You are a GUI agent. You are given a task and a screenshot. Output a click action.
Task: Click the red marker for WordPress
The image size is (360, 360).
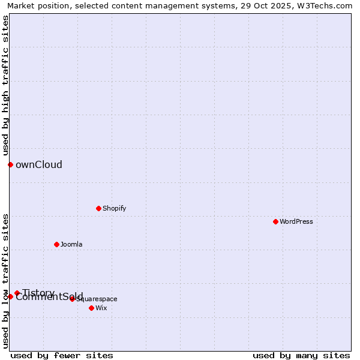click(x=275, y=221)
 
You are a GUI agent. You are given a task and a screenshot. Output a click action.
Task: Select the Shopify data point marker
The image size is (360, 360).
click(x=98, y=208)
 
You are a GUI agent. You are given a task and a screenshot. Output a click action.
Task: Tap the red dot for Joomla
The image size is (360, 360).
click(x=56, y=244)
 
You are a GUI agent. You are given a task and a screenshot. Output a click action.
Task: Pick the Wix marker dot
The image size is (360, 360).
click(x=91, y=308)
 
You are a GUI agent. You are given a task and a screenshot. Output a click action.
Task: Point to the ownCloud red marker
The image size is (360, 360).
click(x=10, y=164)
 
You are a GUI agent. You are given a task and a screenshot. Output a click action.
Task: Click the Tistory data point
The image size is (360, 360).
click(x=17, y=293)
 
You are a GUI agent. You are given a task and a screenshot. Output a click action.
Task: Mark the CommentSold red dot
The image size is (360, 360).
click(x=10, y=296)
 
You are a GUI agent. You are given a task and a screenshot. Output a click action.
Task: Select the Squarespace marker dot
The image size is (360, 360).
click(x=72, y=299)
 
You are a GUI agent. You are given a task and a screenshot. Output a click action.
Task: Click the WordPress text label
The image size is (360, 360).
click(x=296, y=221)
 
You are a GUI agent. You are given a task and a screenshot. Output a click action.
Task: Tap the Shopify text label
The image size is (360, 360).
click(x=114, y=208)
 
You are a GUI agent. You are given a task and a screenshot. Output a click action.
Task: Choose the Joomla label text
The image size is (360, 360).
click(x=71, y=244)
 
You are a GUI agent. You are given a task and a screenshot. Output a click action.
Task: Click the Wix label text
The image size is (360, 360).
click(x=101, y=308)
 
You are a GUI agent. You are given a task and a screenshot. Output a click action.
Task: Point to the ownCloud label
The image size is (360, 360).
click(x=39, y=164)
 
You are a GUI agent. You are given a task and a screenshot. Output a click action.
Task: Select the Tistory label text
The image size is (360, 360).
click(x=38, y=292)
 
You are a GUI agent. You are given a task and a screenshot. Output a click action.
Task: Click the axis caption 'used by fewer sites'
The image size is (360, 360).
click(x=62, y=355)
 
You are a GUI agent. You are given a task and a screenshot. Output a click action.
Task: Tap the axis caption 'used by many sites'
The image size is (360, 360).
click(x=301, y=355)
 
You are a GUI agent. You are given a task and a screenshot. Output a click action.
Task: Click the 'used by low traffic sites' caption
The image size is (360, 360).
click(x=6, y=281)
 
